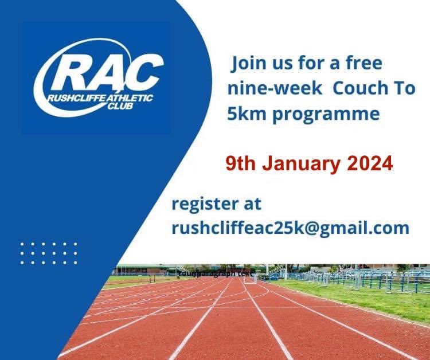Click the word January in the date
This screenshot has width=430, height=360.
(x=302, y=164)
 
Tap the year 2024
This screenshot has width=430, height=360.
(x=370, y=164)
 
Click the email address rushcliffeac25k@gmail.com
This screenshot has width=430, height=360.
(x=290, y=228)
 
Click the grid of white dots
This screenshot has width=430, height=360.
(x=48, y=253)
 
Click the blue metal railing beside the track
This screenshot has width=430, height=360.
(x=367, y=279)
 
